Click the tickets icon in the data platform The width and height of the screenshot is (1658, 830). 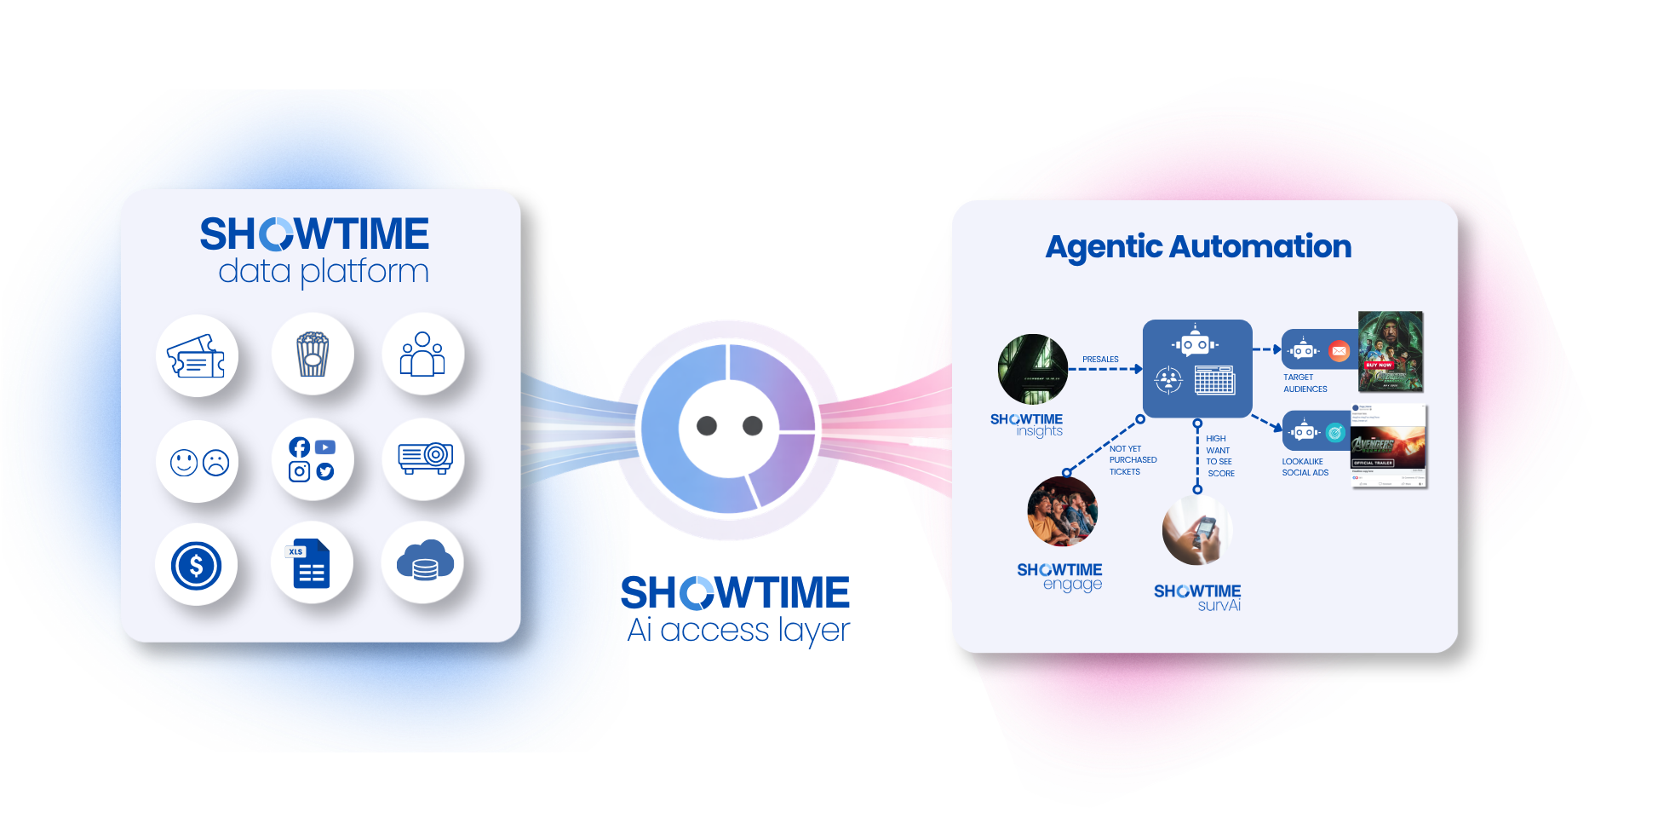pyautogui.click(x=197, y=357)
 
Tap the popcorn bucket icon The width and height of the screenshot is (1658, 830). pyautogui.click(x=313, y=354)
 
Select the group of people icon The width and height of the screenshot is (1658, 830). pyautogui.click(x=422, y=354)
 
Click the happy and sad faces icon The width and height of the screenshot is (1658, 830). pyautogui.click(x=199, y=462)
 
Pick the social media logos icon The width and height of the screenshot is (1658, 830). pyautogui.click(x=312, y=460)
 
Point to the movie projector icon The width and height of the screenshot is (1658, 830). pyautogui.click(x=425, y=458)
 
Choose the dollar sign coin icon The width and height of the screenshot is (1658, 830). pyautogui.click(x=197, y=565)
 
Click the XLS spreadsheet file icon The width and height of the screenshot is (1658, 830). pyautogui.click(x=312, y=563)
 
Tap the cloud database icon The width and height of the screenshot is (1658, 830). pyautogui.click(x=424, y=562)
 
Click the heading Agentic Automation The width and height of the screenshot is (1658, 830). pyautogui.click(x=1198, y=247)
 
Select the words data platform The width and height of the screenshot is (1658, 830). pyautogui.click(x=324, y=272)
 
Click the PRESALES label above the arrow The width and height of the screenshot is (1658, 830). pyautogui.click(x=1100, y=360)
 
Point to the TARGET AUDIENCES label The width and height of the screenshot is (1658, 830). pyautogui.click(x=1305, y=383)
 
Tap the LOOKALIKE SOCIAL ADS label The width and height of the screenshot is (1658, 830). pyautogui.click(x=1305, y=467)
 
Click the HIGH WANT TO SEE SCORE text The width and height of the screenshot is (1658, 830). pyautogui.click(x=1219, y=456)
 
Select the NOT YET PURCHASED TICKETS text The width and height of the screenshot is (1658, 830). pyautogui.click(x=1133, y=460)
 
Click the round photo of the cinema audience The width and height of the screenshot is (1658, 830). pyautogui.click(x=1062, y=511)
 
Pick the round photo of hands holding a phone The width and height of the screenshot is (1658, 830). pyautogui.click(x=1197, y=530)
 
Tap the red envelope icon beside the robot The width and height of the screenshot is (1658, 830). pyautogui.click(x=1340, y=350)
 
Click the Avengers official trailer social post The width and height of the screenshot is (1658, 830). pyautogui.click(x=1388, y=447)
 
